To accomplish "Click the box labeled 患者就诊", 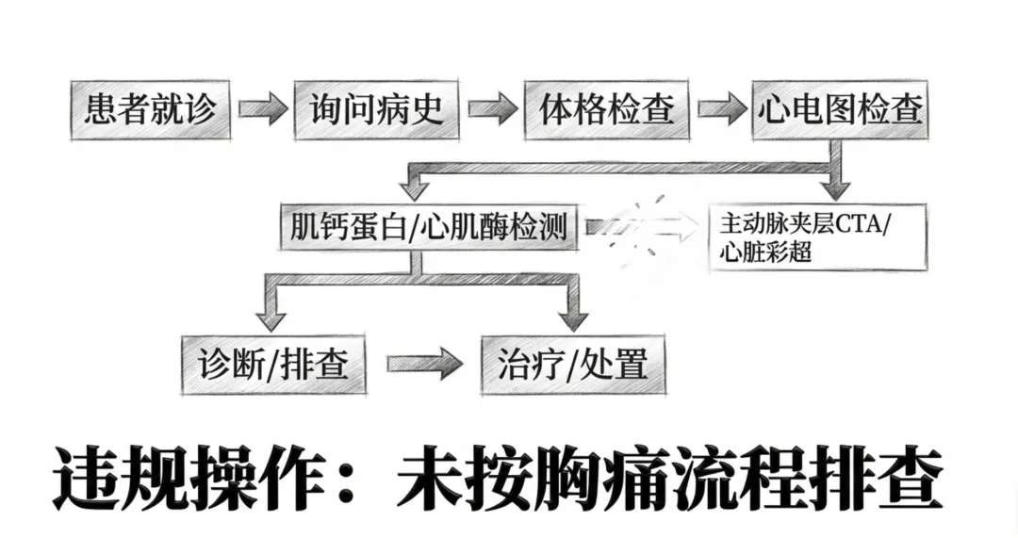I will pyautogui.click(x=150, y=111).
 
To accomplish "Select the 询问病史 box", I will pyautogui.click(x=376, y=111).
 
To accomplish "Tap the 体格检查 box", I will pyautogui.click(x=607, y=111).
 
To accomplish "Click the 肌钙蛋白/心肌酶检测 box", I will pyautogui.click(x=429, y=227).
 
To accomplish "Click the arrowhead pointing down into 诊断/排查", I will pyautogui.click(x=270, y=310).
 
